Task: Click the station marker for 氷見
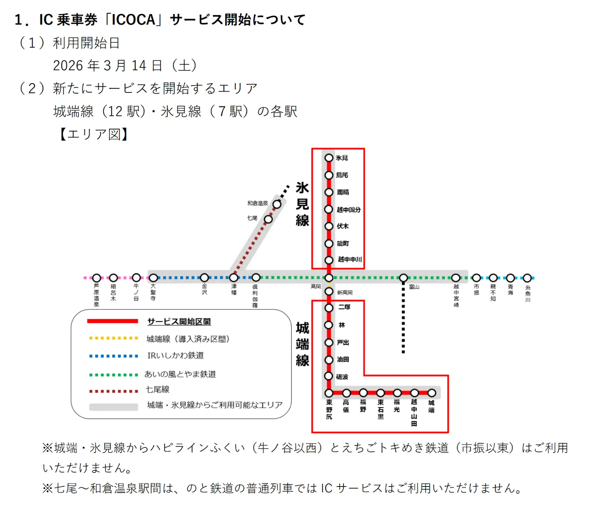pyautogui.click(x=329, y=158)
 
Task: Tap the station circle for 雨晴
pyautogui.click(x=329, y=192)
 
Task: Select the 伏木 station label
pyautogui.click(x=343, y=226)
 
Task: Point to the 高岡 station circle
pyautogui.click(x=329, y=278)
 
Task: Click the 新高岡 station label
pyautogui.click(x=345, y=292)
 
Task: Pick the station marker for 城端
pyautogui.click(x=431, y=393)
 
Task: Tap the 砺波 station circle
pyautogui.click(x=329, y=376)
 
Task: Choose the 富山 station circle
pyautogui.click(x=403, y=278)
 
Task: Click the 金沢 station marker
pyautogui.click(x=204, y=278)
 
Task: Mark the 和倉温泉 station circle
pyautogui.click(x=277, y=205)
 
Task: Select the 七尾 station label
pyautogui.click(x=252, y=218)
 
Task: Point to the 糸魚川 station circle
pyautogui.click(x=527, y=278)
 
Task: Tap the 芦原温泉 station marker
pyautogui.click(x=97, y=278)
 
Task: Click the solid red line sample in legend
pyautogui.click(x=113, y=322)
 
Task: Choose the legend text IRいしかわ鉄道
pyautogui.click(x=175, y=355)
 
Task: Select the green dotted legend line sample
pyautogui.click(x=113, y=375)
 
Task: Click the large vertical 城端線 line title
pyautogui.click(x=302, y=344)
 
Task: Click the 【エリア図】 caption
pyautogui.click(x=94, y=134)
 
